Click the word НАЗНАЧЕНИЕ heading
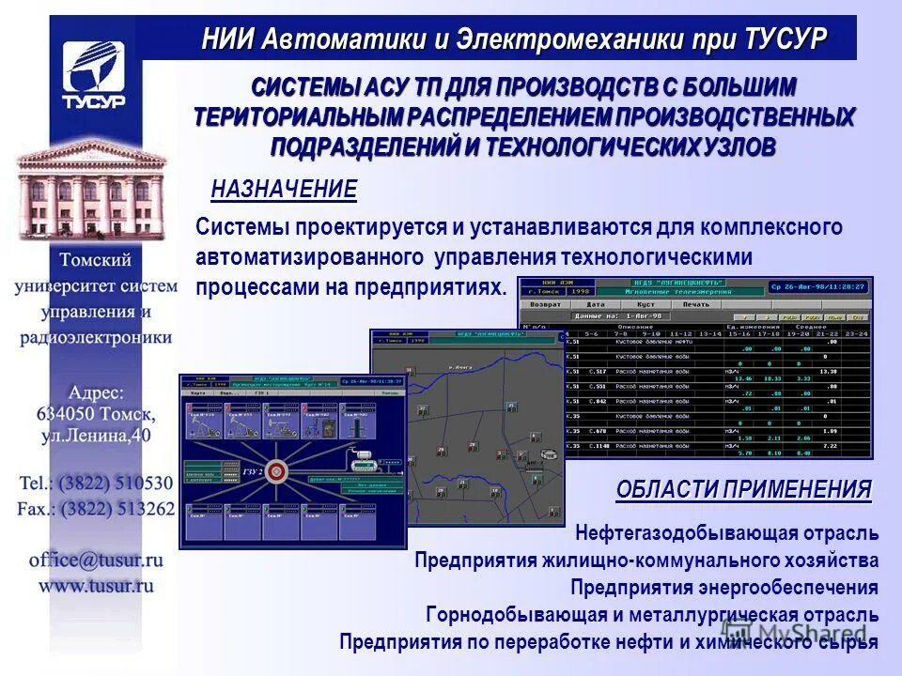click(284, 190)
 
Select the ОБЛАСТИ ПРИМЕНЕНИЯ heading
click(743, 489)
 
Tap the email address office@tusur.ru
click(96, 560)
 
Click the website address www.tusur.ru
click(96, 585)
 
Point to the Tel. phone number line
click(96, 484)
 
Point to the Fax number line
click(96, 509)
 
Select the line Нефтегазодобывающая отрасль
click(727, 534)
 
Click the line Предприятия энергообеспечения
click(723, 588)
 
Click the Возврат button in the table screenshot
click(546, 304)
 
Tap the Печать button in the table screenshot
click(696, 304)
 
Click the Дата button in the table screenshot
click(596, 304)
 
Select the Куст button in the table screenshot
click(645, 304)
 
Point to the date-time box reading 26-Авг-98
click(817, 286)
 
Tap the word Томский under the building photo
click(96, 260)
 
